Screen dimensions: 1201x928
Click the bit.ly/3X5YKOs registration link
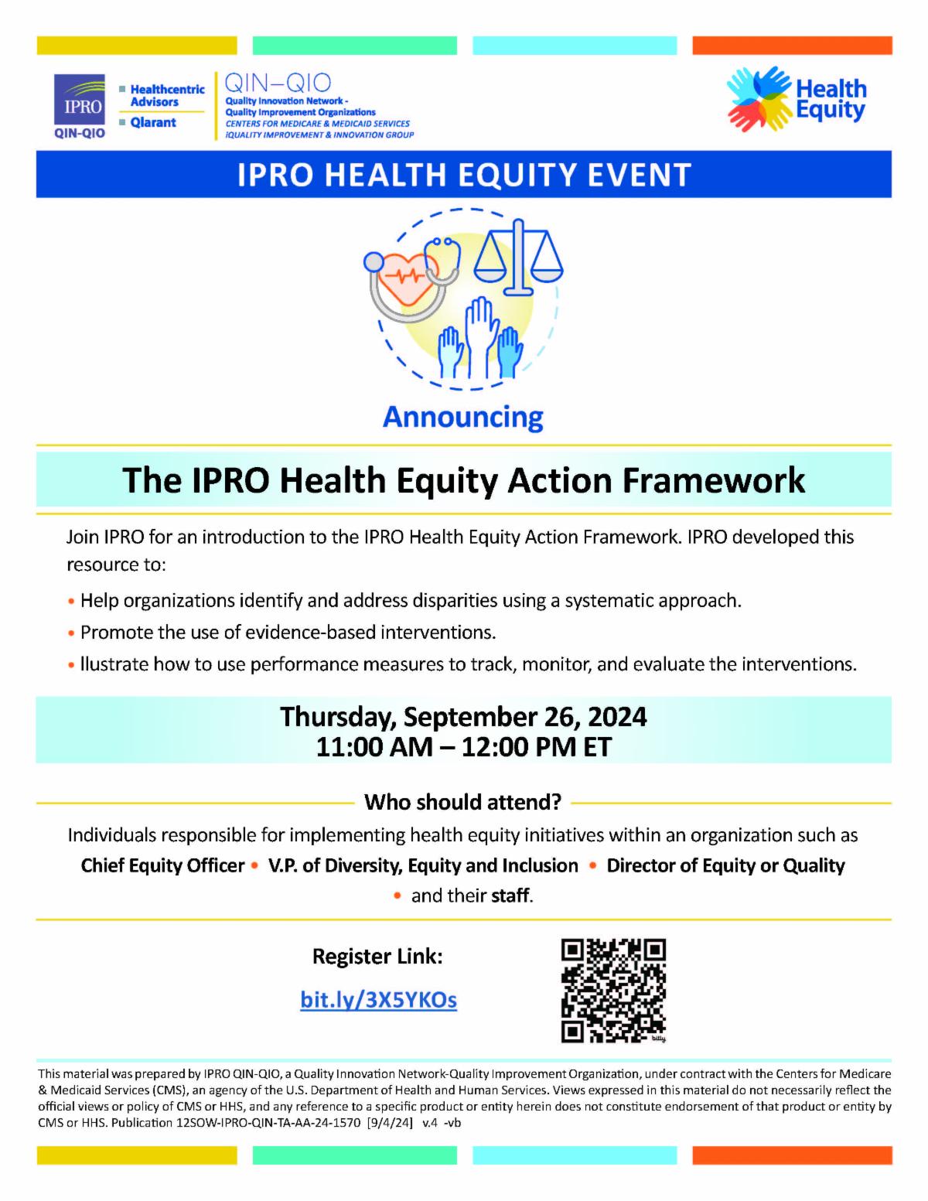click(x=378, y=1000)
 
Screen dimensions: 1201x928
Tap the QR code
click(x=613, y=990)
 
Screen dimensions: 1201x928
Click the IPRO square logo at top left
click(x=80, y=101)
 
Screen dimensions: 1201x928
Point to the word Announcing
click(x=463, y=418)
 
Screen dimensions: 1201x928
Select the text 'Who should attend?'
click(x=462, y=802)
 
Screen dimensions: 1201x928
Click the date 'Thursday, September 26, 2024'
click(x=463, y=716)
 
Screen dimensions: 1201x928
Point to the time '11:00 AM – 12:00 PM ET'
click(x=463, y=747)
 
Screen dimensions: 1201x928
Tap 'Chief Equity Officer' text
click(x=162, y=865)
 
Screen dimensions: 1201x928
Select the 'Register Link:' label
click(x=377, y=957)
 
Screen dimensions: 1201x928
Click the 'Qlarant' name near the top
click(x=153, y=122)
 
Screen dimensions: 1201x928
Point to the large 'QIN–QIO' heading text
click(x=277, y=83)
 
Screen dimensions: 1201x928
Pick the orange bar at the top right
click(x=792, y=45)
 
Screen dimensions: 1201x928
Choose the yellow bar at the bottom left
click(x=137, y=1155)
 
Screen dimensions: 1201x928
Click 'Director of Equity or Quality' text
click(x=725, y=865)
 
